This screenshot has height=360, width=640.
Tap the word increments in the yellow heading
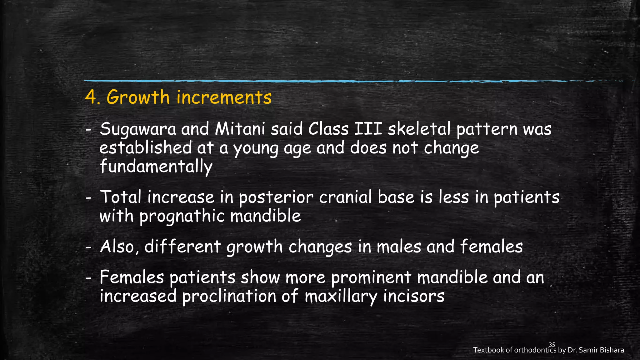224,97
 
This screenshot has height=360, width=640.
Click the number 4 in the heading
90,97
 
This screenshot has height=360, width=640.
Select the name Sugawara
138,129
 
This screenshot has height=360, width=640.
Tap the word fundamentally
156,166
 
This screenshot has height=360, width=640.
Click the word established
145,147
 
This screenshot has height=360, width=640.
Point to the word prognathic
182,216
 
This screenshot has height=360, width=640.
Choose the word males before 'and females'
399,247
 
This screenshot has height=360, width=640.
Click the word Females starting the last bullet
132,277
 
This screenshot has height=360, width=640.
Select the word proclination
229,296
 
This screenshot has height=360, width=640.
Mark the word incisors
413,296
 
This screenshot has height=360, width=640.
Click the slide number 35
552,345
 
